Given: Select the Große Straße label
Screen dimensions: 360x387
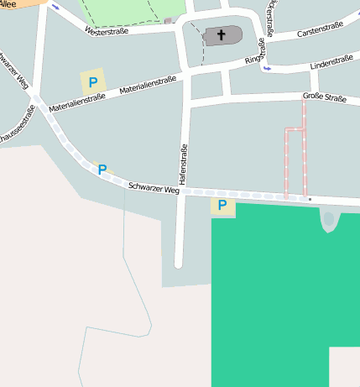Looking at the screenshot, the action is click(324, 98).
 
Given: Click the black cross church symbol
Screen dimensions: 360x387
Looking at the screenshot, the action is click(222, 35).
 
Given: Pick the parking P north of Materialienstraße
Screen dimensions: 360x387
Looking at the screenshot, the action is click(92, 83).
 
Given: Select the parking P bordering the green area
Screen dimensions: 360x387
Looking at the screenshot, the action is click(222, 205).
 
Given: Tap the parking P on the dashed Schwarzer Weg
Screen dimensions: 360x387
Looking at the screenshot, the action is click(102, 170).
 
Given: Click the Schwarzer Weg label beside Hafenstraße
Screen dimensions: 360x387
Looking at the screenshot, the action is click(154, 189).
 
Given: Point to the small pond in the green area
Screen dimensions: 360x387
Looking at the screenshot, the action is click(328, 222).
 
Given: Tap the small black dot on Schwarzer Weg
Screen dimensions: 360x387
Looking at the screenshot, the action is click(310, 199).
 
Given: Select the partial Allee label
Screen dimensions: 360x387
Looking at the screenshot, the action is click(8, 3).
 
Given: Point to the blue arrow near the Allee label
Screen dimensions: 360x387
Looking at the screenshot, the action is click(55, 7).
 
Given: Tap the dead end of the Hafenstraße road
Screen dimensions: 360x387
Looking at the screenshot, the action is click(179, 264).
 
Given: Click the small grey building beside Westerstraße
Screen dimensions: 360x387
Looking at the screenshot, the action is click(168, 20).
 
